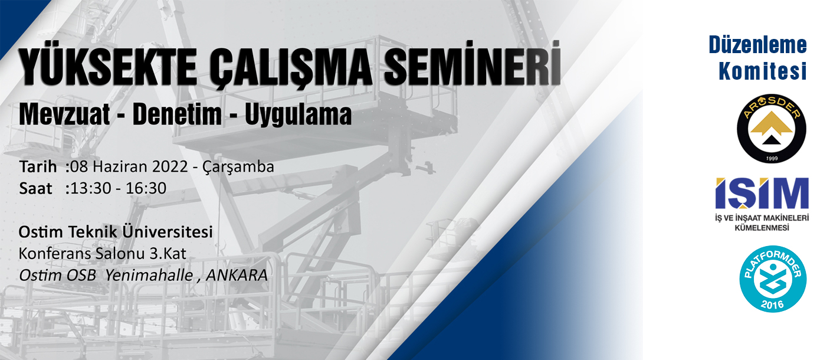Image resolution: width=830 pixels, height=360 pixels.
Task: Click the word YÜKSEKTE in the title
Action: click(x=108, y=67)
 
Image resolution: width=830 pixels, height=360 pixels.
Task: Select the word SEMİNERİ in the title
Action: click(x=473, y=64)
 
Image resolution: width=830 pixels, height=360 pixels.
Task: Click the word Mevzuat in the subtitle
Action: click(x=64, y=114)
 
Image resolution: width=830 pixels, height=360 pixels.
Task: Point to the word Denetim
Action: click(x=177, y=114)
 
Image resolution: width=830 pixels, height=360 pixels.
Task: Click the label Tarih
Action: click(x=38, y=166)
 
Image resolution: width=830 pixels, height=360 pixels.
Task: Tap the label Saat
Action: click(x=35, y=188)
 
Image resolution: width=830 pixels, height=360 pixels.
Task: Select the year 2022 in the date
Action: click(x=170, y=166)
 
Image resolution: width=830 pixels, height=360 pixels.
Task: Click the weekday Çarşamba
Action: click(x=238, y=168)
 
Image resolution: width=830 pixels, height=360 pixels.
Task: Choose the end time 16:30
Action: click(x=146, y=188)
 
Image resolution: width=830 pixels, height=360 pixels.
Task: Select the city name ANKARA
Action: click(x=237, y=276)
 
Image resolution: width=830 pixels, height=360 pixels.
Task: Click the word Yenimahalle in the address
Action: click(x=149, y=276)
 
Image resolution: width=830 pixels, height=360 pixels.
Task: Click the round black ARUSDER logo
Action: click(x=772, y=128)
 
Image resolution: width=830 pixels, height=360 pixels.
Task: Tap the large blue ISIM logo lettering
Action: click(x=762, y=194)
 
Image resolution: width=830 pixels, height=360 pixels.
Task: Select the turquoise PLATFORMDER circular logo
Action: click(x=773, y=279)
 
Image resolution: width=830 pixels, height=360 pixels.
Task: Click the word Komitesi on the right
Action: click(x=763, y=71)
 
